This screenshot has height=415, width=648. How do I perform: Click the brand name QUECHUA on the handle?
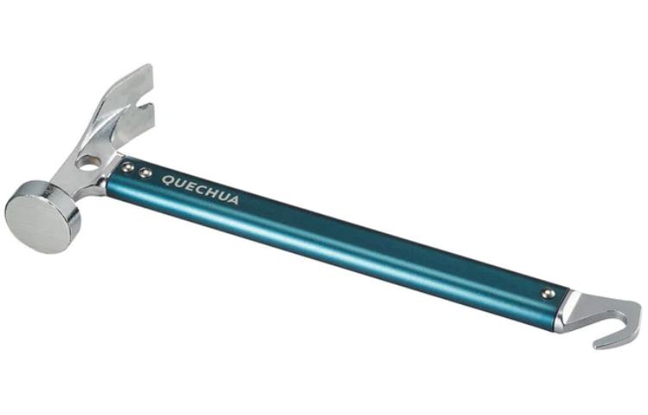click(200, 188)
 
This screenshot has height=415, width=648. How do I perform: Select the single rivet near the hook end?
click(546, 294)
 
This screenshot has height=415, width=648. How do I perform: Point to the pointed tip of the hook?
click(598, 346)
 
